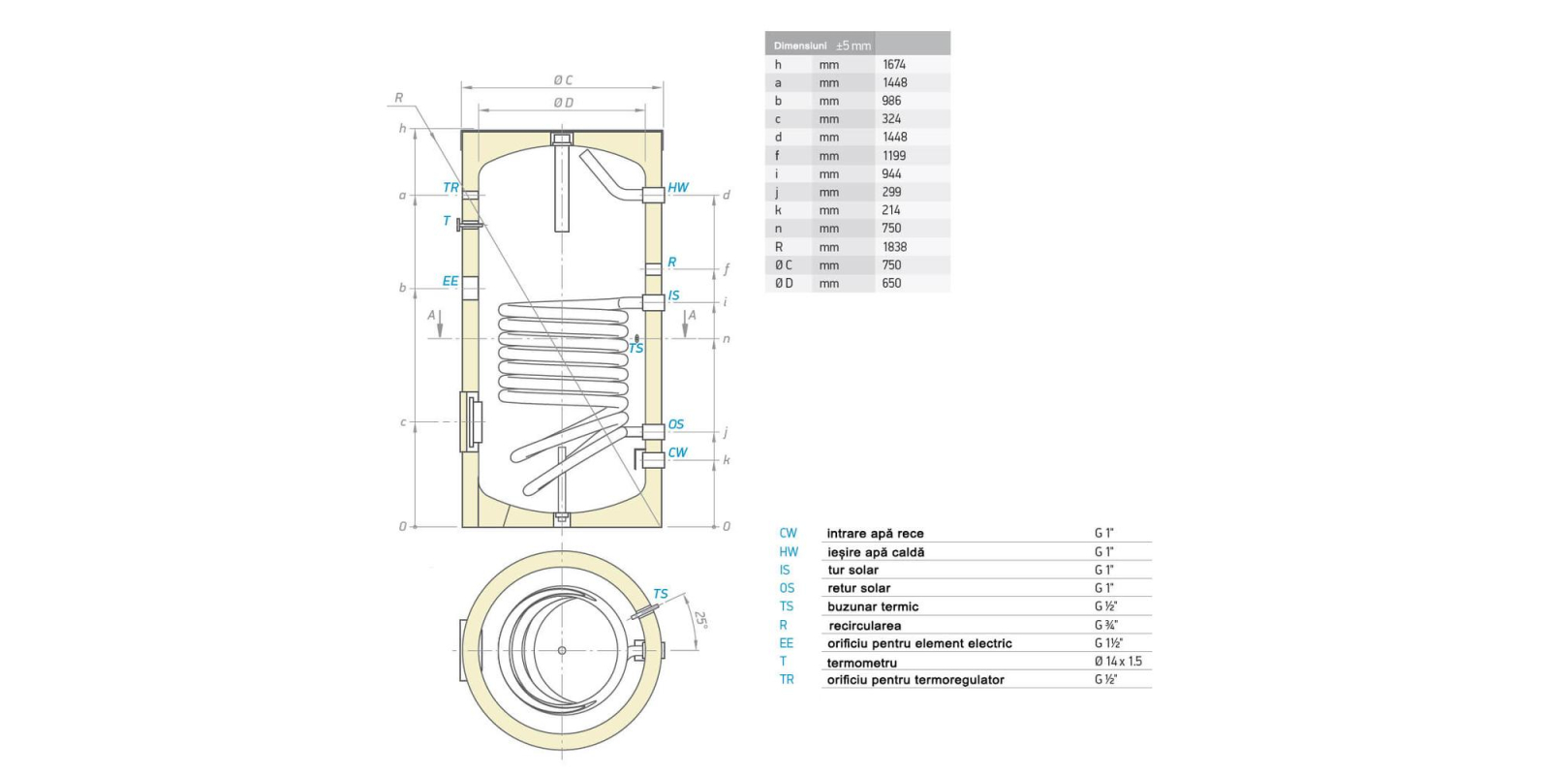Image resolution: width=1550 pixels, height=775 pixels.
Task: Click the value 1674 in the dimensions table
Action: tap(893, 65)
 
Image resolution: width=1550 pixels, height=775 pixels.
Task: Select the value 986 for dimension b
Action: tap(891, 101)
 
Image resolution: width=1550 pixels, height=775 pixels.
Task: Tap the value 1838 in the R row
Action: tap(893, 247)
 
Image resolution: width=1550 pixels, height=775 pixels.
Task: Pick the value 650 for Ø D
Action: tap(891, 283)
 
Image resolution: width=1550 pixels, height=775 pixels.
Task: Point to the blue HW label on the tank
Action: tap(678, 188)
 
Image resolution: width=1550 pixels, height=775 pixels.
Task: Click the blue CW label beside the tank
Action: tap(677, 452)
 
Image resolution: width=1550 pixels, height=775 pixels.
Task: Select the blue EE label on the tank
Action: tap(450, 281)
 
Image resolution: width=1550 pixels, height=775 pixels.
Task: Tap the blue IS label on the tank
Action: tap(674, 295)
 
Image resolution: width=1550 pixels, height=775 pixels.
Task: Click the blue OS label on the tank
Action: tap(675, 424)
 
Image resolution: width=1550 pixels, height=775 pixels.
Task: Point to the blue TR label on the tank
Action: tap(450, 188)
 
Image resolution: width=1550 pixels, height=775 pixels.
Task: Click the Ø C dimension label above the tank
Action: tap(563, 80)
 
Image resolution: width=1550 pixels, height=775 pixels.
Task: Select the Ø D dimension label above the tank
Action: tap(563, 103)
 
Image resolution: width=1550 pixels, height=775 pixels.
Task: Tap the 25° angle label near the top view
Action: tap(701, 619)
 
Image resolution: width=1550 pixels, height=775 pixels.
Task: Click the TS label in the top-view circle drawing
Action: tap(660, 594)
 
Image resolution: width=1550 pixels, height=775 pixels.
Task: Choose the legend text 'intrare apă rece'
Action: tap(875, 534)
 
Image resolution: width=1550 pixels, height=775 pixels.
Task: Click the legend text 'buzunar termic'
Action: tap(873, 606)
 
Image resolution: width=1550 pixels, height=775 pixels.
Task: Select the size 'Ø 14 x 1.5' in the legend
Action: tap(1118, 662)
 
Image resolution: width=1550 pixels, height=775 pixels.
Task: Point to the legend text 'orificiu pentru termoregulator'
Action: tap(914, 680)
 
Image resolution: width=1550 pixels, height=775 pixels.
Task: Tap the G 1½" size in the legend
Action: tap(1108, 643)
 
